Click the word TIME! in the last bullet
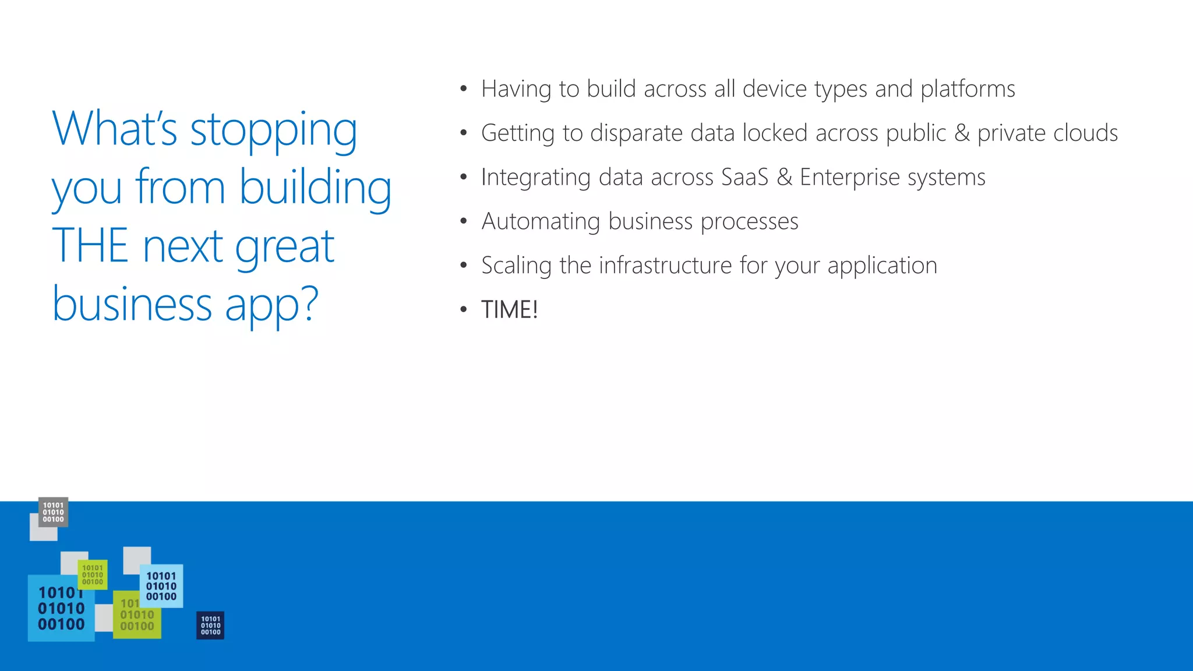509,309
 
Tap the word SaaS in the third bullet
744,177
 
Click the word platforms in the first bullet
968,89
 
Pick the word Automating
541,221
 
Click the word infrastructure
665,266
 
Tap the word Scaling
516,266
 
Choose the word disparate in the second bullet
636,133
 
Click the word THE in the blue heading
90,246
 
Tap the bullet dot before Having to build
463,89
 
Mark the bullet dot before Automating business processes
463,221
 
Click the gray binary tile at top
53,512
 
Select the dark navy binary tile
210,625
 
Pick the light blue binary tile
161,586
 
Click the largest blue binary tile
61,609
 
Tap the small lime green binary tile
93,574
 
